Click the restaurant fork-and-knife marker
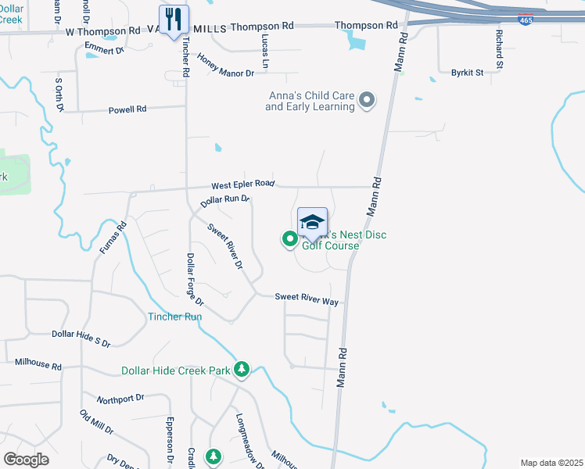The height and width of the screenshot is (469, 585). [x=174, y=19]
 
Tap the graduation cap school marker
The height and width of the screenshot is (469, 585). [x=312, y=222]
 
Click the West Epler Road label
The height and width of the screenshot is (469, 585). [x=242, y=184]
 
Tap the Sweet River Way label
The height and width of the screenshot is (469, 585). [x=306, y=298]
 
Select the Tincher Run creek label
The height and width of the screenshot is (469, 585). [x=175, y=317]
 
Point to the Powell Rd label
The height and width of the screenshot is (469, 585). [x=127, y=109]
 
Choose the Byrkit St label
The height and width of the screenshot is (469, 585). [x=467, y=73]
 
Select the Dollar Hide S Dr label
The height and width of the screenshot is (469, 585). [x=81, y=338]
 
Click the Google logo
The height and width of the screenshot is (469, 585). [x=27, y=460]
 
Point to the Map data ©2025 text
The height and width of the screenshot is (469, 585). [x=551, y=463]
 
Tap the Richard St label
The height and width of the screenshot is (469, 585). [x=498, y=47]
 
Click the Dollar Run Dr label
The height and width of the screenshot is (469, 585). [x=224, y=201]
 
